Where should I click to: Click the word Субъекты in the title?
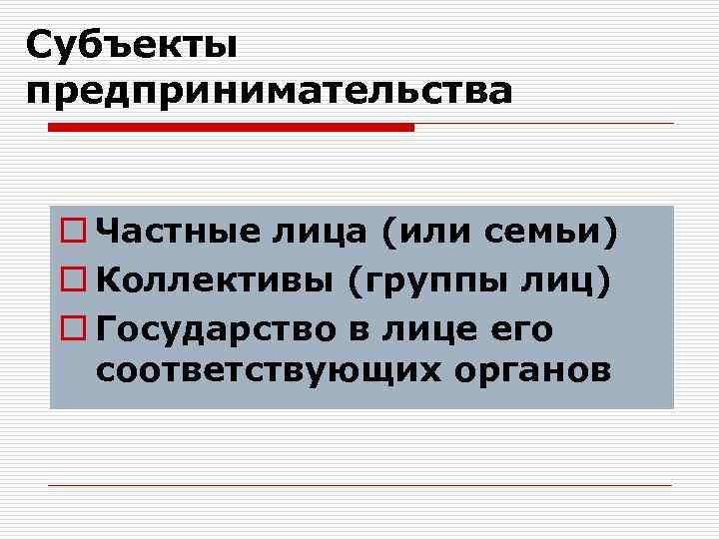point(132,44)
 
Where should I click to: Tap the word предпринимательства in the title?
point(270,91)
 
